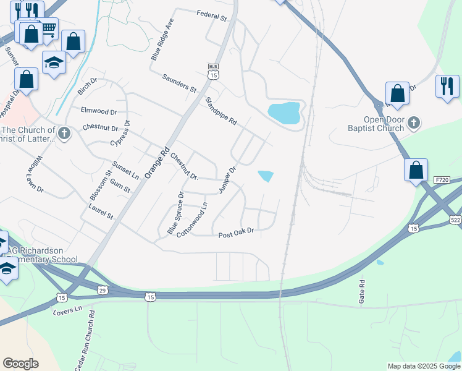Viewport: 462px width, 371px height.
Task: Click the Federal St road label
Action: (212, 14)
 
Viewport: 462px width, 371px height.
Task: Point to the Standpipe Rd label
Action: (221, 111)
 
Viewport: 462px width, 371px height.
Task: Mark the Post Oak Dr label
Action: (237, 234)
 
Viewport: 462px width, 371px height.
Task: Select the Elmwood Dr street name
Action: (99, 111)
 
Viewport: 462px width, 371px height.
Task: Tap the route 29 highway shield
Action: (103, 289)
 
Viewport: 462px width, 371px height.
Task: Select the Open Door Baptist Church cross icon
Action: (414, 124)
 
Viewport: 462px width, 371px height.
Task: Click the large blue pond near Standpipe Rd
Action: (285, 113)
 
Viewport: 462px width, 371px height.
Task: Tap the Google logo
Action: (20, 364)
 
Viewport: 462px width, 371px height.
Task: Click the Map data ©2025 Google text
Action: (424, 366)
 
